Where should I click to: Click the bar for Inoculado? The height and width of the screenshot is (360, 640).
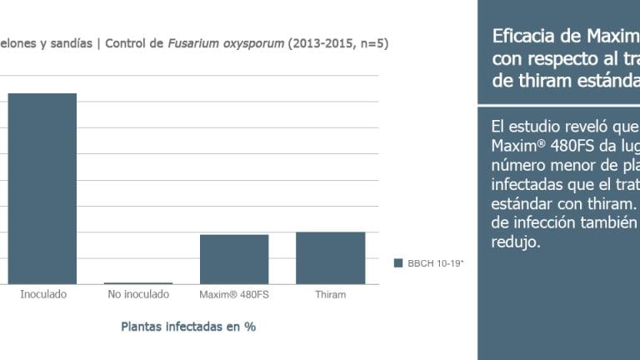(42, 188)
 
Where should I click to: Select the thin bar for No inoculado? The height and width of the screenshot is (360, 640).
(138, 283)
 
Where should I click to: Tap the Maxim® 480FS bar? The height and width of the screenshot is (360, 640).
(234, 259)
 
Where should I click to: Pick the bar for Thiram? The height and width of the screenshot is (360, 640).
(331, 258)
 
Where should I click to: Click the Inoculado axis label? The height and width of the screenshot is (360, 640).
(43, 294)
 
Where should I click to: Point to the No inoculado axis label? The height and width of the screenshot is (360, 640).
(138, 294)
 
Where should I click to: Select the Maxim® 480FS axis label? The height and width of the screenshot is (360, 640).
(234, 294)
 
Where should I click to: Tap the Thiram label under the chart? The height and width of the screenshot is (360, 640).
(331, 294)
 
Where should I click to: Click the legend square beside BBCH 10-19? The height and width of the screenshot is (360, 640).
(398, 262)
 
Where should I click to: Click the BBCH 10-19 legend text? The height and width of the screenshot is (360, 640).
(436, 263)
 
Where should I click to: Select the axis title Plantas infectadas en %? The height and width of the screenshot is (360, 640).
(188, 327)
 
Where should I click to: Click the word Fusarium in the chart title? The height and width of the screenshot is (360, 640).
(193, 43)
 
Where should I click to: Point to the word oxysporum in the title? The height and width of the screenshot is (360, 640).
(253, 44)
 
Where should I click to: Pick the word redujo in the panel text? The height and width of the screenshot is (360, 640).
(516, 242)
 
